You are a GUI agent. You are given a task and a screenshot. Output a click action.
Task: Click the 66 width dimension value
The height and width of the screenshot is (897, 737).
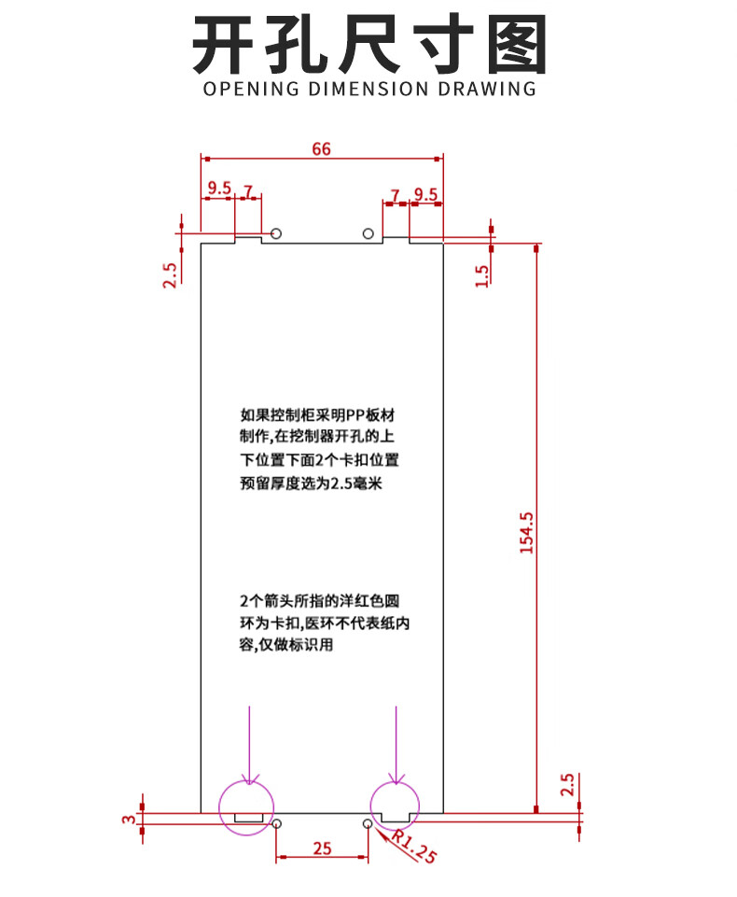coord(321,148)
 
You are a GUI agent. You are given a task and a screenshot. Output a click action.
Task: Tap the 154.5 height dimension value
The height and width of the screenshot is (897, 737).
coord(526,533)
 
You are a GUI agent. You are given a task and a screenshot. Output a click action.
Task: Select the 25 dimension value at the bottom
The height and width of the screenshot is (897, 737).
coord(322,848)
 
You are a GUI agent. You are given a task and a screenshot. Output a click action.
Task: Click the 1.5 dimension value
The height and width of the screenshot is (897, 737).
coord(482,275)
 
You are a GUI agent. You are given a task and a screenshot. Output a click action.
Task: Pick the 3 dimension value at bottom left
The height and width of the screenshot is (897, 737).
coord(129,820)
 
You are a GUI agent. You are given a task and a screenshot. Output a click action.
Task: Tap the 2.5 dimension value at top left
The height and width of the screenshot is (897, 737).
coord(170,275)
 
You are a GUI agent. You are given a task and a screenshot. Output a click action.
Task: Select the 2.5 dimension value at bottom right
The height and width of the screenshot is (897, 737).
coord(566,784)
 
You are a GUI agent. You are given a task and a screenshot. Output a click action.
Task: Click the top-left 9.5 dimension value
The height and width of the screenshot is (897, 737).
coord(219,188)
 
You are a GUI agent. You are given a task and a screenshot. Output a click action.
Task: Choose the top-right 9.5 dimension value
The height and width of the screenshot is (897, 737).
coord(426,194)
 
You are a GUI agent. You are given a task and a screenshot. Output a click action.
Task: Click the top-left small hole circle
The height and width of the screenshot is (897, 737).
coord(276,233)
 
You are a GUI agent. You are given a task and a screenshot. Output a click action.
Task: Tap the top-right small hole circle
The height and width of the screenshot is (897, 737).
coord(368,233)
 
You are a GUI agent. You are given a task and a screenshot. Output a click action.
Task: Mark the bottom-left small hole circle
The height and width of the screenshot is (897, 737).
coord(276,824)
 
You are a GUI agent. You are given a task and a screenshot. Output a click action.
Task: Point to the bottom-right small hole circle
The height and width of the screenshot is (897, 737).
coord(368,824)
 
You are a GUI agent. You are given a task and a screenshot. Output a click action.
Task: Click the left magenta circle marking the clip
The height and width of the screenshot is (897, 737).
coord(246,807)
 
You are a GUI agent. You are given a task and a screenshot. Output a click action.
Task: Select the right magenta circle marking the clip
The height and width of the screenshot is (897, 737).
coord(395,806)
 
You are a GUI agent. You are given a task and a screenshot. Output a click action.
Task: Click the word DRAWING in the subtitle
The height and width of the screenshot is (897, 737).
coord(487,89)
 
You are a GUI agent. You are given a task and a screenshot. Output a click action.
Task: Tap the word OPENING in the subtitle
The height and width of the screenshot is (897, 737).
coord(251,89)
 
